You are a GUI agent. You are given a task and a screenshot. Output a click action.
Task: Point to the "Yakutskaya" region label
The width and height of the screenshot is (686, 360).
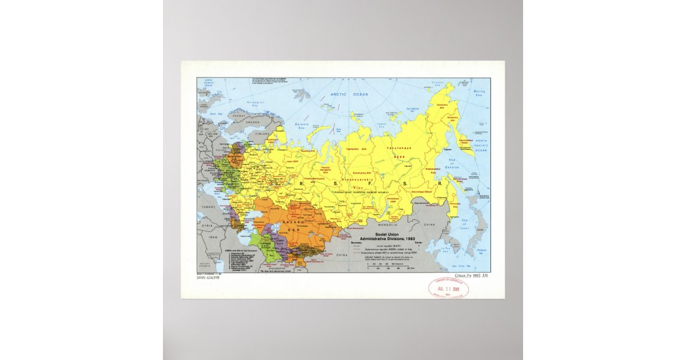click(x=399, y=147)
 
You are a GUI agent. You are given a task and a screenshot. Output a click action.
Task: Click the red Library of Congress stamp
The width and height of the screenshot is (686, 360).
click(x=448, y=287)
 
